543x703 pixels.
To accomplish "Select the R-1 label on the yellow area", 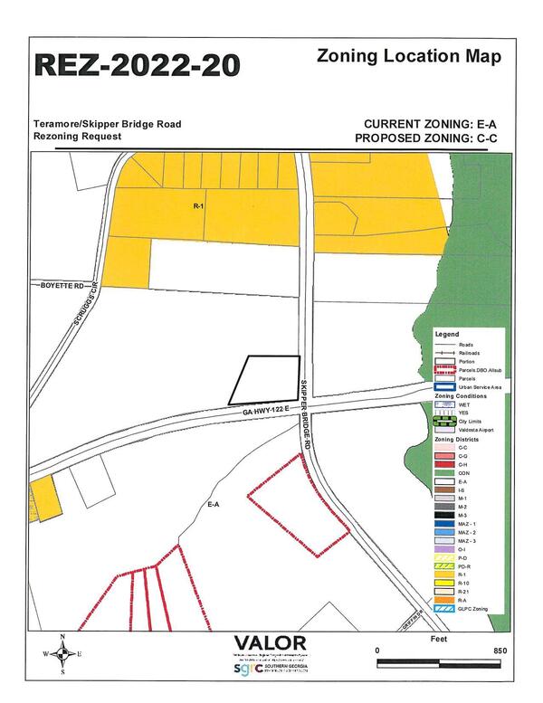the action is click(199, 206).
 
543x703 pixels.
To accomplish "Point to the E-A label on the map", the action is click(214, 505).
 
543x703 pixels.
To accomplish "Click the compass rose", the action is click(61, 653).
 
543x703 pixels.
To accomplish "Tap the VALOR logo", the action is click(270, 643).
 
